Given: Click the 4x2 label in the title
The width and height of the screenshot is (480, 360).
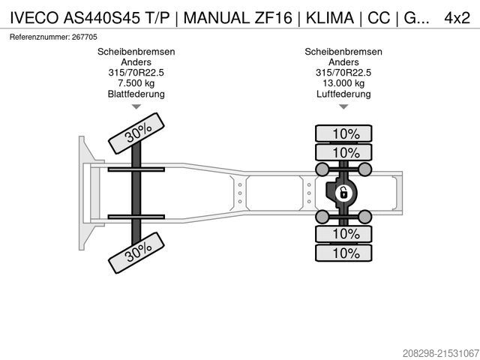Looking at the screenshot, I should point(456,18).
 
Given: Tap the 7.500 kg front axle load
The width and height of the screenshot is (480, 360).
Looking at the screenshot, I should point(136,83).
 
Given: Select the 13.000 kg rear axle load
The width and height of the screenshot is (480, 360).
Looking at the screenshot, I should point(343,83).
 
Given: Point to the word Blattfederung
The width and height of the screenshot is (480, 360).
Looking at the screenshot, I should point(136,94).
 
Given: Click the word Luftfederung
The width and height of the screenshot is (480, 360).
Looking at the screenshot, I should point(343,94).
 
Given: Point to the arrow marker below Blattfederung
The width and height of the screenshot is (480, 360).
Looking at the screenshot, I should point(136,106).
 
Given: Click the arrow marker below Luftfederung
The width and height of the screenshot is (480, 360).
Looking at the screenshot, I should point(343,106).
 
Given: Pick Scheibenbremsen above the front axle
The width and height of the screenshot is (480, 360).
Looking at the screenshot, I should point(136,52).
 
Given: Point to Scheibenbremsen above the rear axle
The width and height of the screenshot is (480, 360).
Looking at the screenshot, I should point(343,52).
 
